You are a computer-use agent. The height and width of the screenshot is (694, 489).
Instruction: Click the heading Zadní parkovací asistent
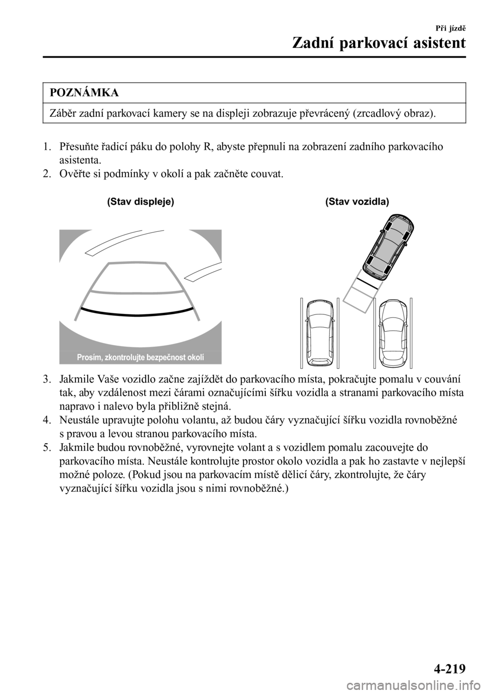point(379,43)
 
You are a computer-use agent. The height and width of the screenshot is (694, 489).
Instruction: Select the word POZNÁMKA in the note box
point(85,93)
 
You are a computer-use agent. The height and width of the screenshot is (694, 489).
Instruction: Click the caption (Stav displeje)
point(141,202)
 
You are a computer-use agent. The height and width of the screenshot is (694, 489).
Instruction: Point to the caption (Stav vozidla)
point(357,202)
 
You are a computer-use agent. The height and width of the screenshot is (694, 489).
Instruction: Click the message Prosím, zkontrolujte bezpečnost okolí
point(141,357)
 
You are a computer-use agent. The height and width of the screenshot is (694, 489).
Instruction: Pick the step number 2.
point(47,174)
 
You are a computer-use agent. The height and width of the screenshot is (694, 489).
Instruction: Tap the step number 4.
point(47,420)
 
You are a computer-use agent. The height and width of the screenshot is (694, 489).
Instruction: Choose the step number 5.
point(47,448)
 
